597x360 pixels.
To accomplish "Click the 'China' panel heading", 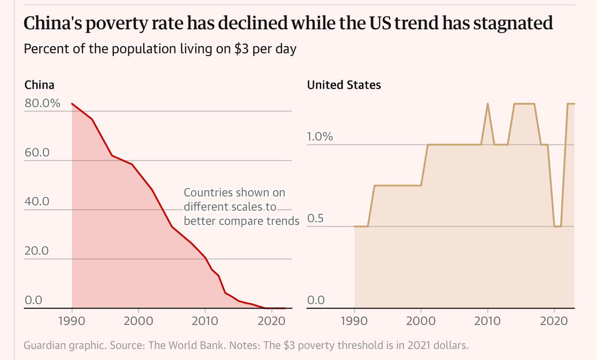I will pyautogui.click(x=39, y=85).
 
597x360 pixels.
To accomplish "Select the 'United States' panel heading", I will pyautogui.click(x=344, y=85).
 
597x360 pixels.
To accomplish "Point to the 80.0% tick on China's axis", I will pyautogui.click(x=42, y=104).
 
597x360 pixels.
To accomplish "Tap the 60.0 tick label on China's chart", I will pyautogui.click(x=37, y=153).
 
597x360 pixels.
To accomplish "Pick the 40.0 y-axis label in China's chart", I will pyautogui.click(x=37, y=202).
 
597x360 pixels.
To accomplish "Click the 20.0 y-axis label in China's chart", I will pyautogui.click(x=37, y=251).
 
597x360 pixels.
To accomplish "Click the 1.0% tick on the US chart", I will pyautogui.click(x=319, y=137).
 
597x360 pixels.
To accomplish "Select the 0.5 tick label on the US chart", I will pyautogui.click(x=316, y=219).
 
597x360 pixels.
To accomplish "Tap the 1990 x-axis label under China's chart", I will pyautogui.click(x=72, y=320).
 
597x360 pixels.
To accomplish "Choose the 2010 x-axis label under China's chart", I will pyautogui.click(x=205, y=320).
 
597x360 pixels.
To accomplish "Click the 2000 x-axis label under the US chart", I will pyautogui.click(x=421, y=320).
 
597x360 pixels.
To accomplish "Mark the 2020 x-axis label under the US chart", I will pyautogui.click(x=554, y=320).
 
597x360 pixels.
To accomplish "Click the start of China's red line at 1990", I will pyautogui.click(x=72, y=104).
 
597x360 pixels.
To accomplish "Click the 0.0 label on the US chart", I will pyautogui.click(x=316, y=300).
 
